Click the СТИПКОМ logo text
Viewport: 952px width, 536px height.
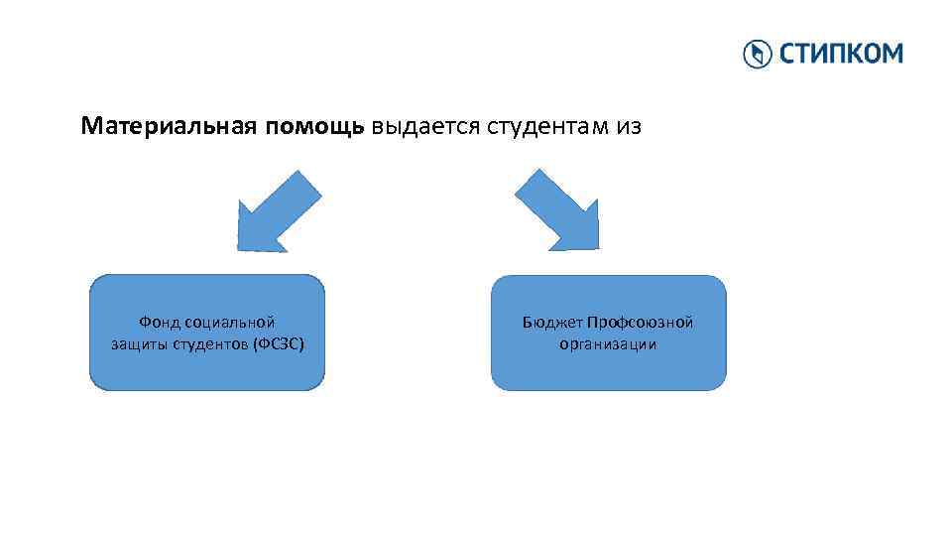pos(840,54)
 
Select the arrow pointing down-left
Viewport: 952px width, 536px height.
pos(279,210)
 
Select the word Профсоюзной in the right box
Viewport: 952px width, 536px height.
pos(640,322)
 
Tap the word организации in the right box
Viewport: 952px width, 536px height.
pos(609,344)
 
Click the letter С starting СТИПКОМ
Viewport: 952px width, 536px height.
pos(786,54)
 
